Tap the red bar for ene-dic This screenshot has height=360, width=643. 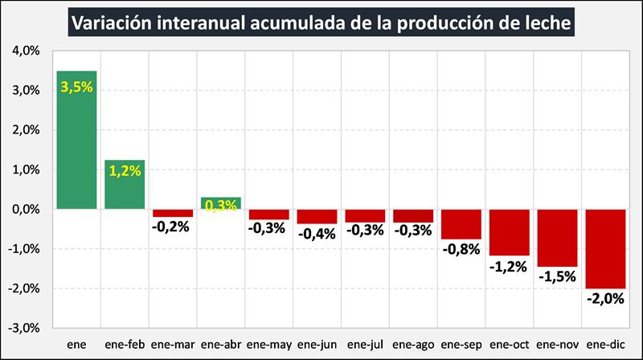(x=605, y=249)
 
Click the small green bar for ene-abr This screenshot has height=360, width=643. (x=221, y=201)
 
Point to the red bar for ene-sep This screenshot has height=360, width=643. (x=461, y=224)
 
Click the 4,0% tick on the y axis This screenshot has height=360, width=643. (x=27, y=51)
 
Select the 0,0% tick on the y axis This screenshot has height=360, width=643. (x=27, y=210)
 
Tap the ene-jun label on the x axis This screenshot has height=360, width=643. (x=317, y=346)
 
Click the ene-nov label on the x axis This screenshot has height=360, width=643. (x=557, y=346)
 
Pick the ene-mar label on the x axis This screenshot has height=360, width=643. (x=173, y=346)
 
